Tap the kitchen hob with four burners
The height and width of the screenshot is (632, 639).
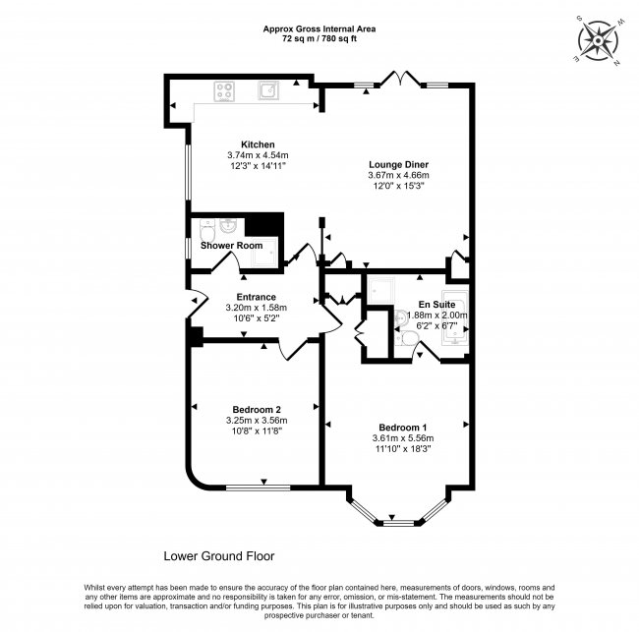(224, 91)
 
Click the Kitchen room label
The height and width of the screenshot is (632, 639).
(244, 144)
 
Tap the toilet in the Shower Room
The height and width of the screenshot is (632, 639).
(204, 232)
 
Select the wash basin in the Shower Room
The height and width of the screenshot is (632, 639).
(225, 223)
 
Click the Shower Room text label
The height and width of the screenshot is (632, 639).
(228, 245)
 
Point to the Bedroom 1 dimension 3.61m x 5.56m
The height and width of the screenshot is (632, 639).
(402, 438)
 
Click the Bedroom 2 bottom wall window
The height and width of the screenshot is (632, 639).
(258, 487)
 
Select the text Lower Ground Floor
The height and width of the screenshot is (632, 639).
(218, 555)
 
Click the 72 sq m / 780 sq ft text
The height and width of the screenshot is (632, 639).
(319, 39)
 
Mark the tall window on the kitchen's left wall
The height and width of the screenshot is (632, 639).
(189, 177)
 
